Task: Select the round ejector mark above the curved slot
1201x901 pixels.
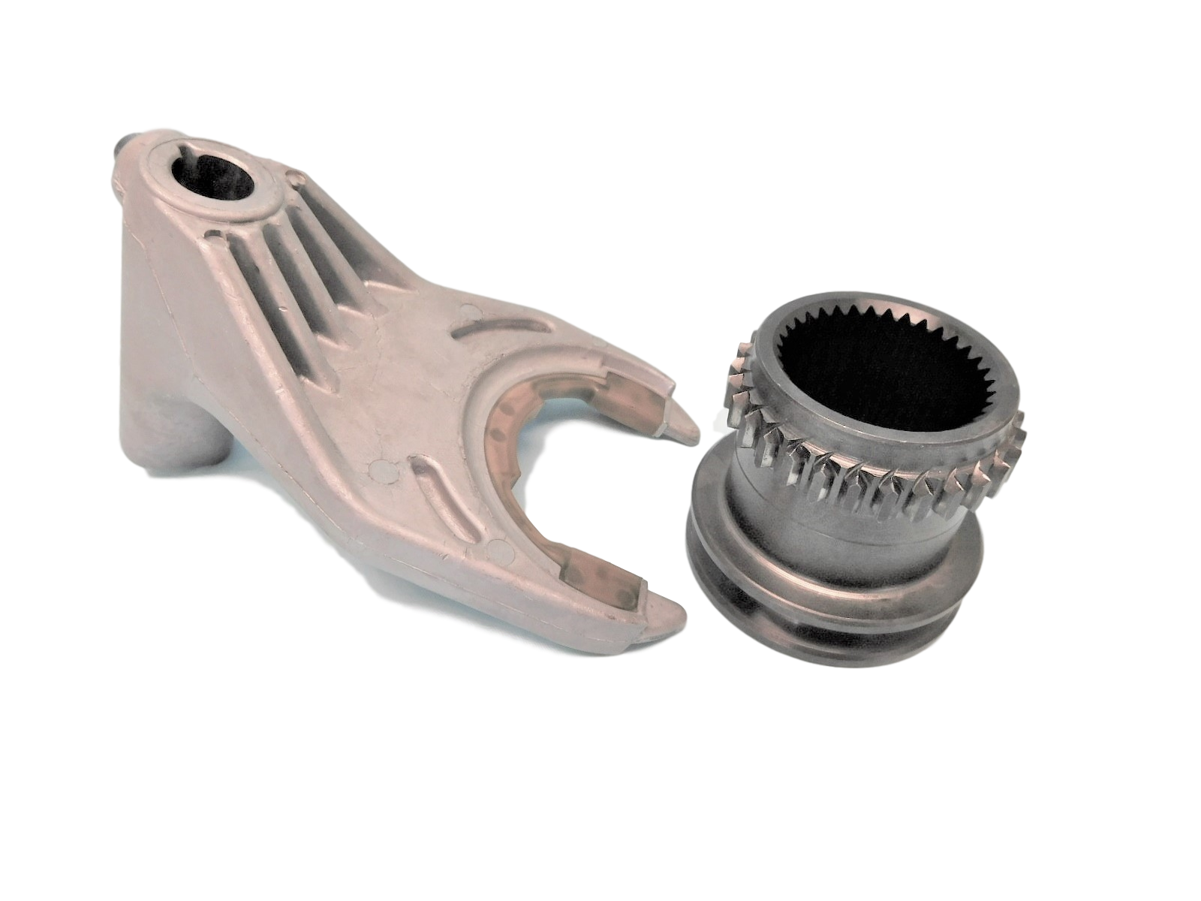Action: (468, 309)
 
